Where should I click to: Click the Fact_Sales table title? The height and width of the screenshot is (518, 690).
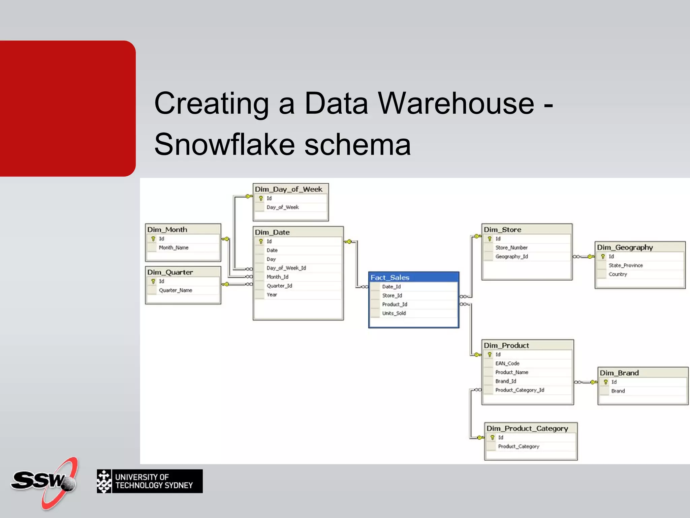[x=390, y=278]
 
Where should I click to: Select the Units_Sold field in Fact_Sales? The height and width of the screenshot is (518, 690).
[x=394, y=313]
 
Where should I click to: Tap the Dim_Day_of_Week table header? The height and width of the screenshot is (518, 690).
[x=289, y=189]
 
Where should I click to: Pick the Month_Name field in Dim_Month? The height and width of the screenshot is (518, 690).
[x=174, y=248]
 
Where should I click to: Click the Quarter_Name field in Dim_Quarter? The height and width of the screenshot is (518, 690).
[x=176, y=290]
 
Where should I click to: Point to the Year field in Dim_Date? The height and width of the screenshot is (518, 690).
[x=272, y=295]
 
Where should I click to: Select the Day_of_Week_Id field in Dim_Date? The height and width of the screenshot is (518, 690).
[x=286, y=268]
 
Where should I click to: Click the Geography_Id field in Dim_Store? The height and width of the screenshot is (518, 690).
[x=511, y=257]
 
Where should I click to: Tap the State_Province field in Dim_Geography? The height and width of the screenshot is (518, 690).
[x=626, y=265]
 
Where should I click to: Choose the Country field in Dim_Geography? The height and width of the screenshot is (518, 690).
[x=618, y=275]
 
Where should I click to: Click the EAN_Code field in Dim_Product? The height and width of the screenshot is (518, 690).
[x=507, y=364]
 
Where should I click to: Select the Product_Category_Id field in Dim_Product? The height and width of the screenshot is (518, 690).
[x=520, y=390]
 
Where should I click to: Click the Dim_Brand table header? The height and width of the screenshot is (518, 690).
[x=619, y=373]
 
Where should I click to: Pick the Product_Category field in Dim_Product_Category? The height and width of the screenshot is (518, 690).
[x=519, y=447]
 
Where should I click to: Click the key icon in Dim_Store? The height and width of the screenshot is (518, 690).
[x=490, y=239]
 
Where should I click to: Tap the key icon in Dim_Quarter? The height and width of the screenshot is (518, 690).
[x=153, y=281]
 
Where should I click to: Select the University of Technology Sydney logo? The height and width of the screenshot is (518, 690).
[x=150, y=481]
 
